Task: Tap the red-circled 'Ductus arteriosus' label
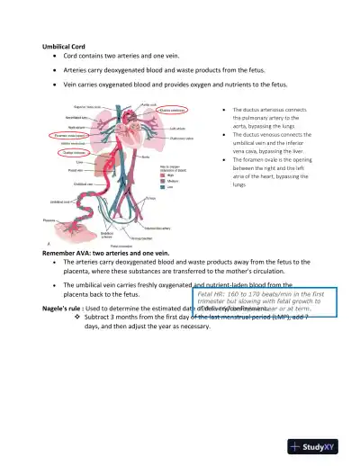(171, 111)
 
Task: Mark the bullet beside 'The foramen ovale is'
(222, 158)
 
